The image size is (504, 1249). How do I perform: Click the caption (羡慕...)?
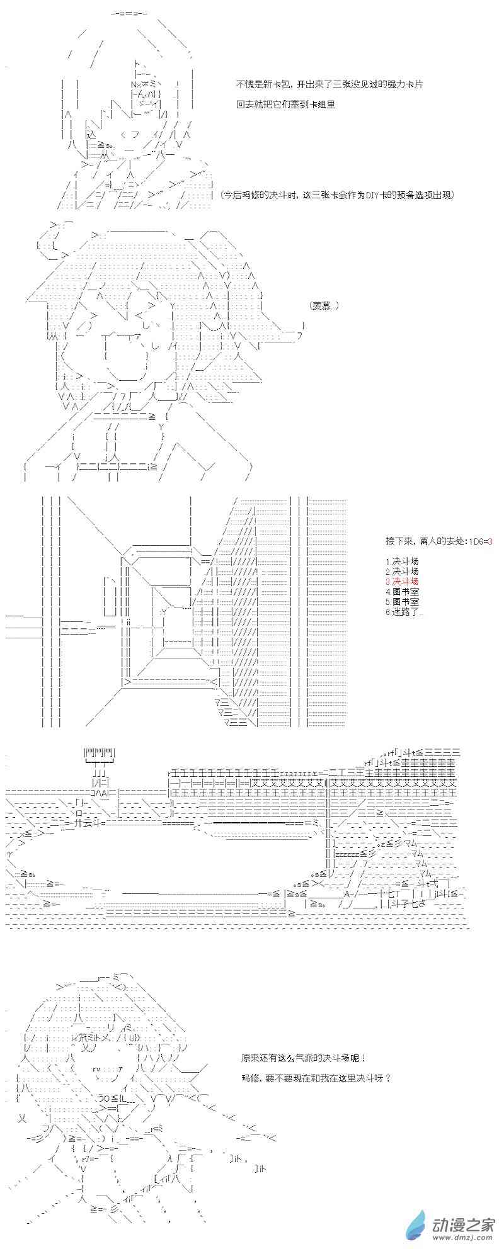click(324, 305)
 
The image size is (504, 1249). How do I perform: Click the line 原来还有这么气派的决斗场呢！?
click(303, 1060)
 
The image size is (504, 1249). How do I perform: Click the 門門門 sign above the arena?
click(100, 753)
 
